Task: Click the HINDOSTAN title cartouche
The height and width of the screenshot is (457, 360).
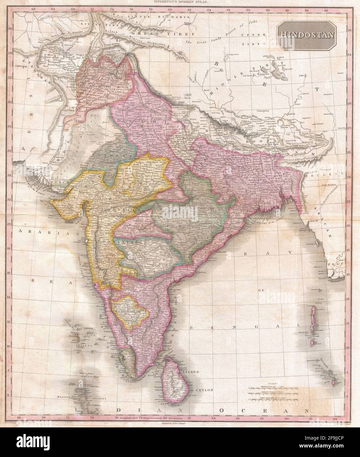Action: [307, 34]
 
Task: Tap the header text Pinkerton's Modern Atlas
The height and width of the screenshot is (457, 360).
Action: [180, 2]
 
